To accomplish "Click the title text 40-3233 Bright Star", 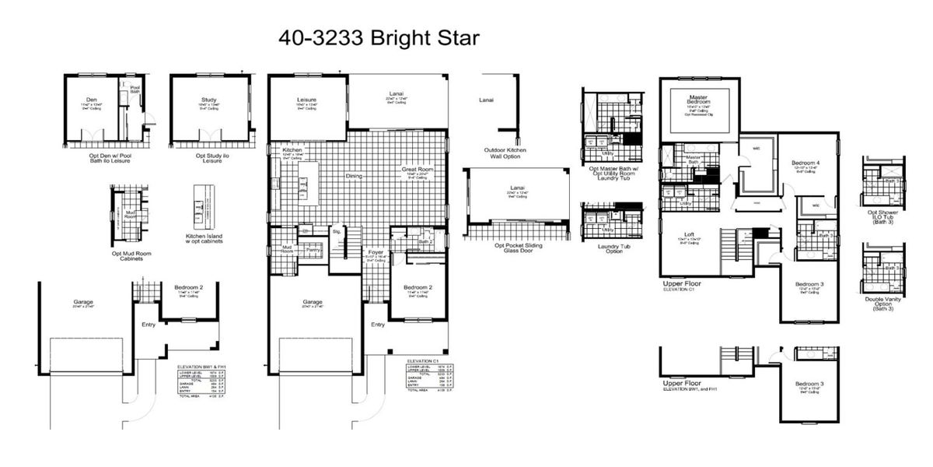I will coord(380,37).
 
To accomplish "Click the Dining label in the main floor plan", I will coord(354,176).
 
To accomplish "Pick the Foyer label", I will coord(377,251).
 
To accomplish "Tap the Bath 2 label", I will coord(425,241).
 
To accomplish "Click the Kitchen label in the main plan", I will coord(292,149).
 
